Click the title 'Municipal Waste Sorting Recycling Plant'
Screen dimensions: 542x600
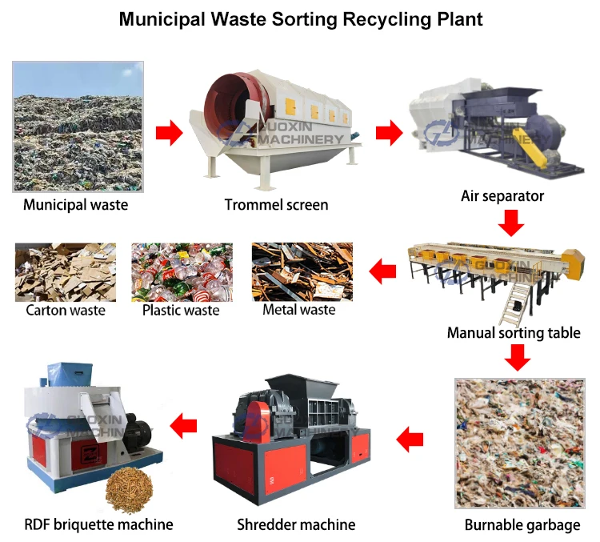301,19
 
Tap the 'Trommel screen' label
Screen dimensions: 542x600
276,205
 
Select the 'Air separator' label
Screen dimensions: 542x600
502,196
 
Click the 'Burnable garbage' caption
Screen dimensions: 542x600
522,526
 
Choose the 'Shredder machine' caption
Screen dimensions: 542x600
296,525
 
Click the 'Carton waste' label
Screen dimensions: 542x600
66,311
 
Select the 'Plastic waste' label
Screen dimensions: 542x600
181,311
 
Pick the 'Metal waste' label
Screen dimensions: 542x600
298,310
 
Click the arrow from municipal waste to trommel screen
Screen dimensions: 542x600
168,132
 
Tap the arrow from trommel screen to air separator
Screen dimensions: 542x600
389,132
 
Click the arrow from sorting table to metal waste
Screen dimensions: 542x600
382,273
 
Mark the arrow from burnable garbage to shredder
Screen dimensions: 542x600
410,438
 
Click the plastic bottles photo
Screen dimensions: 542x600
182,272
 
